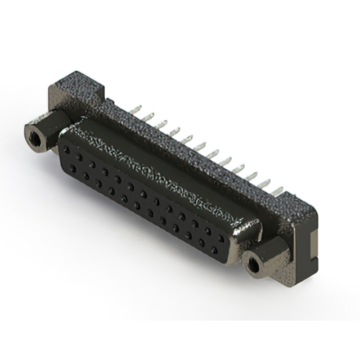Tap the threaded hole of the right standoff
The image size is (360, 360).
[x=254, y=262]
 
